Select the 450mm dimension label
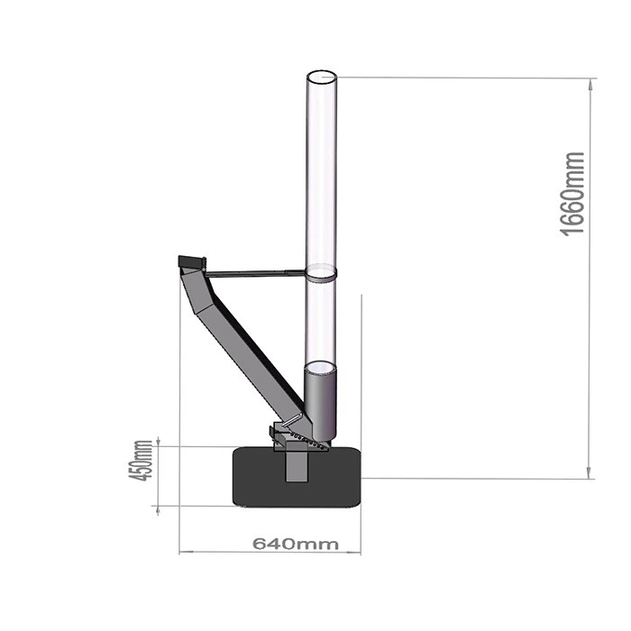click(141, 460)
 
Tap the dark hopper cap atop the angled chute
click(191, 261)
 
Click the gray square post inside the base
click(294, 466)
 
